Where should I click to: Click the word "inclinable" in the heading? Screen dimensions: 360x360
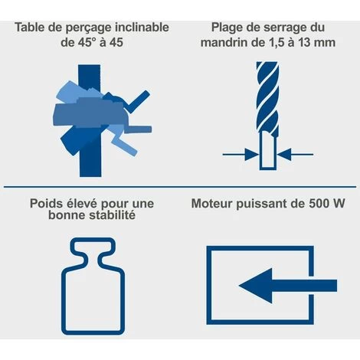142,28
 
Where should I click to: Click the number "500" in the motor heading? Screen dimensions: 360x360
319,204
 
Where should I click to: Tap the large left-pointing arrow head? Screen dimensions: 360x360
255,286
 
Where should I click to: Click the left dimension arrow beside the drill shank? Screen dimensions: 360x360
241,154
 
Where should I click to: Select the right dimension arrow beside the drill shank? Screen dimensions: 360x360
296,154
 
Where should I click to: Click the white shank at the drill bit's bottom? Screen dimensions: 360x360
268,150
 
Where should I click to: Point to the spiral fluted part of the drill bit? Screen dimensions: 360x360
267,97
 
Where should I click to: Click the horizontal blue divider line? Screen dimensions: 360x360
180,187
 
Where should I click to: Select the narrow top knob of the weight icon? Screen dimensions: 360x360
93,247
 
